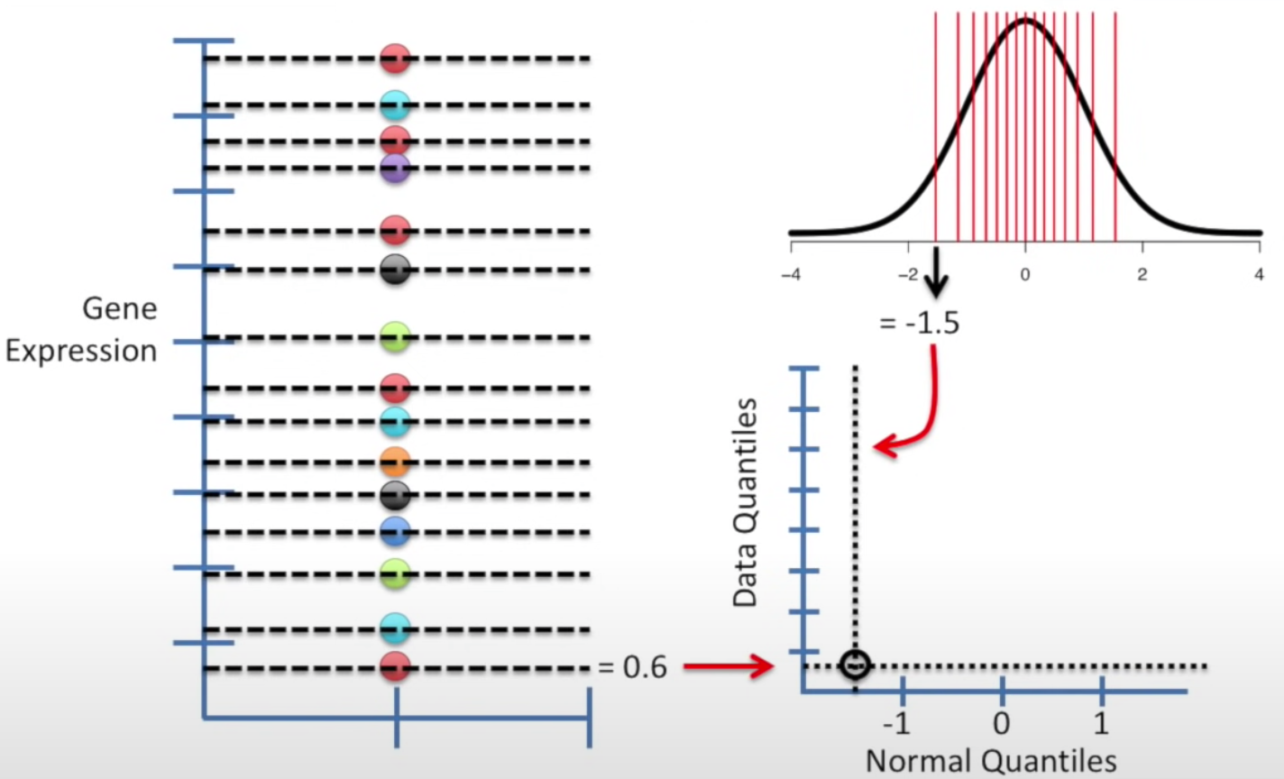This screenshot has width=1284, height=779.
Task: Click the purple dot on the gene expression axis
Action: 395,169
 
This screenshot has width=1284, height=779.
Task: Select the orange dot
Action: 395,463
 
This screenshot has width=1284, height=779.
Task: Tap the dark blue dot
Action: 395,532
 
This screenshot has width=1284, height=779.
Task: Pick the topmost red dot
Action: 395,59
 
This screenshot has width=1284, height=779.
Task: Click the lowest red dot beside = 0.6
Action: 395,668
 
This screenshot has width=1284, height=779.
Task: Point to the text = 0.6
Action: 632,668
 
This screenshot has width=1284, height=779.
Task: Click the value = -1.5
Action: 920,323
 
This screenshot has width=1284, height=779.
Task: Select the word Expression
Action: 81,351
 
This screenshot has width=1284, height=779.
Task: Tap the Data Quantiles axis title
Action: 745,503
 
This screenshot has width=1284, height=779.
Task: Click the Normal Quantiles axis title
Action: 991,761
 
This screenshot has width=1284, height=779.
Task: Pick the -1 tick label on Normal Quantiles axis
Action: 896,724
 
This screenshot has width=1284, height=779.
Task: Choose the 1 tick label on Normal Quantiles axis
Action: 1101,724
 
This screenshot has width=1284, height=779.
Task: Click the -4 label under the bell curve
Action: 791,274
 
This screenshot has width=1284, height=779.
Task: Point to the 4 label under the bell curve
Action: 1259,274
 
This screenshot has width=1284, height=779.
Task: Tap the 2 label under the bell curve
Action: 1142,274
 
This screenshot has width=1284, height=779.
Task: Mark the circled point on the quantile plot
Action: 854,665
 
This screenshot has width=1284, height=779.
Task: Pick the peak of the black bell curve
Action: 1025,20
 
